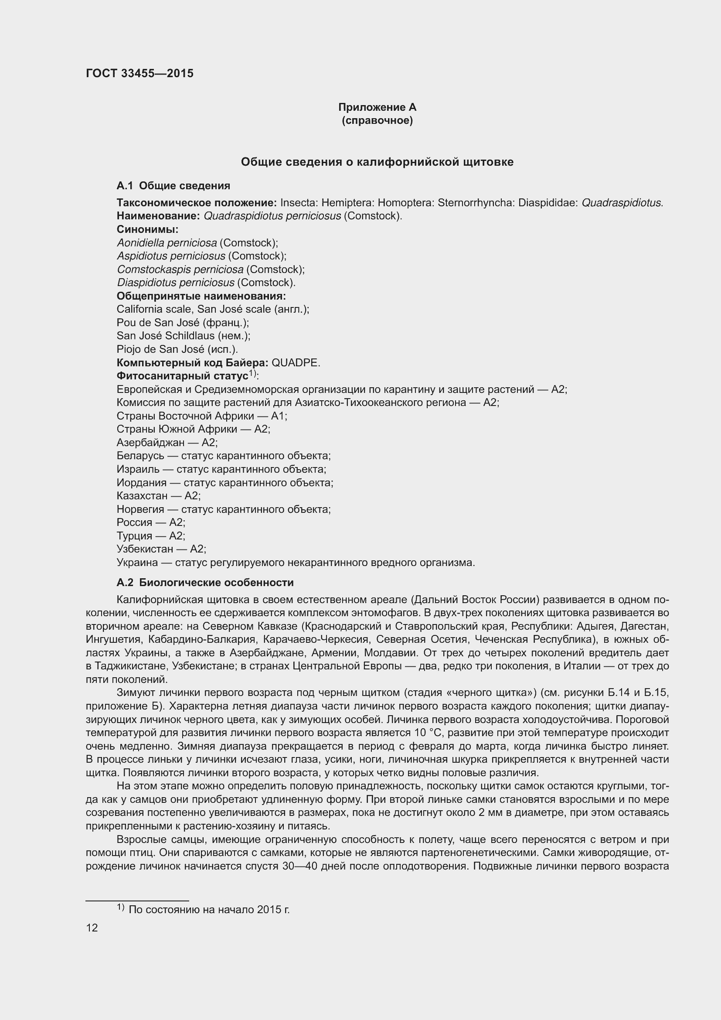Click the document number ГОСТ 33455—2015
point(139,73)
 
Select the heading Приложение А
point(377,107)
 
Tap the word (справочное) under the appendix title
point(377,121)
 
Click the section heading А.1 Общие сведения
point(173,186)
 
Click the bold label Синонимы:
point(147,229)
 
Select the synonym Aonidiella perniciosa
point(167,243)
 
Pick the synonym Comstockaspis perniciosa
point(180,269)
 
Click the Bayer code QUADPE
point(295,363)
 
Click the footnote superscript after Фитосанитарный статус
point(252,374)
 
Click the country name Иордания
point(141,483)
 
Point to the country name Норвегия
point(140,509)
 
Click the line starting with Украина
point(295,563)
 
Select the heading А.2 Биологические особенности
point(205,583)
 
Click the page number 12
point(92,928)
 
